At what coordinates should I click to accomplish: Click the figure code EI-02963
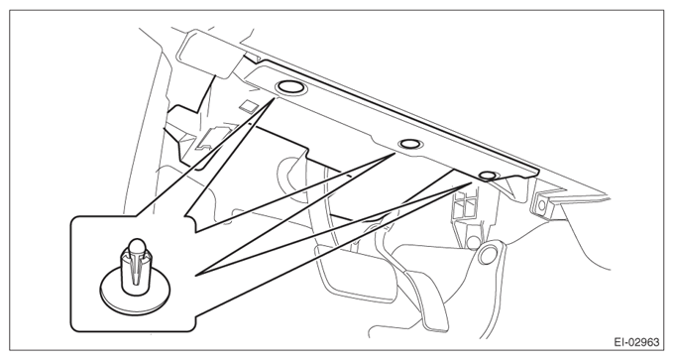click(x=636, y=342)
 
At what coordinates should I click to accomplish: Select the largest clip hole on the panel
click(x=290, y=87)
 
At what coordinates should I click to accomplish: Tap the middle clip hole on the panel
click(x=408, y=144)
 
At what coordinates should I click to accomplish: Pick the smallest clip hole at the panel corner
click(x=487, y=176)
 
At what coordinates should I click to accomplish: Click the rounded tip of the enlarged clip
click(x=136, y=245)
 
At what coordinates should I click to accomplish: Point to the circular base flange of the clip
click(x=135, y=293)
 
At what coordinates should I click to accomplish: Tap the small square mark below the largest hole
click(x=247, y=105)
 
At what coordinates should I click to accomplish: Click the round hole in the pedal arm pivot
click(x=487, y=256)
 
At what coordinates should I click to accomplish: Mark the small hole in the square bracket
click(x=541, y=205)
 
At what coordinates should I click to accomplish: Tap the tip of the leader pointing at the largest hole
click(x=274, y=99)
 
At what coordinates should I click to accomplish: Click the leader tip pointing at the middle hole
click(x=394, y=153)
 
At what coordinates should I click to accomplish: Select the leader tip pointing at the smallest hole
click(x=472, y=182)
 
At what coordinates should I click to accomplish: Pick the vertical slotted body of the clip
click(x=135, y=271)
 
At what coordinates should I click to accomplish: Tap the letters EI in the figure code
click(x=618, y=342)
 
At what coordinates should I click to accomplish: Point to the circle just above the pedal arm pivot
click(x=473, y=242)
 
